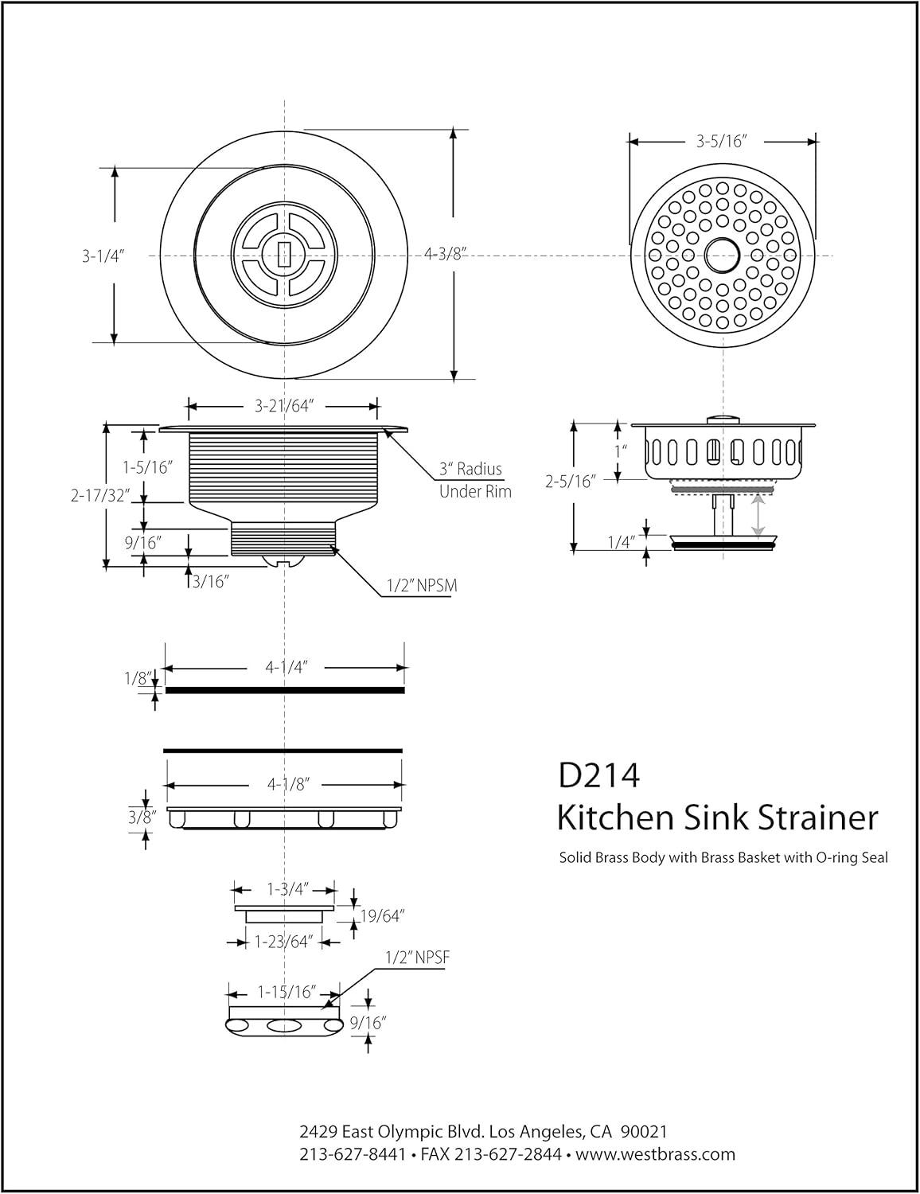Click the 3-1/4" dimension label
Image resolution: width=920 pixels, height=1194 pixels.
pos(104,256)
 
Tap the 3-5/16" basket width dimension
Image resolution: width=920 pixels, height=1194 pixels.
pos(721,142)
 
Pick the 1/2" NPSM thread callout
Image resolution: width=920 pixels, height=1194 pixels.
pos(422,586)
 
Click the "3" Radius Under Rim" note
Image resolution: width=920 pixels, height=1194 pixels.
pos(475,480)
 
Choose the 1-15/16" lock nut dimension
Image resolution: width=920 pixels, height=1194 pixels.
pos(287,993)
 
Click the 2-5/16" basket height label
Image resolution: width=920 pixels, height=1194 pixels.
pos(571,481)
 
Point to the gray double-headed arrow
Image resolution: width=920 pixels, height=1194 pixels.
pos(758,514)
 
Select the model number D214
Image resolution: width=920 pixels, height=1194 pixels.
pos(599,775)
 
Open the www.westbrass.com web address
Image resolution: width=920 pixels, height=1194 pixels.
pos(655,1154)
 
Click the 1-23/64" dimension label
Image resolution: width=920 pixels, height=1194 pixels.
pos(283,942)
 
